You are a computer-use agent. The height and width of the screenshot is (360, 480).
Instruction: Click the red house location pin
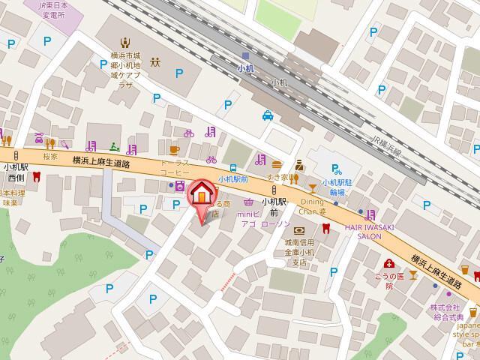pyautogui.click(x=200, y=195)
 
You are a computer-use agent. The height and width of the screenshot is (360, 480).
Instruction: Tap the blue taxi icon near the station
pyautogui.click(x=268, y=115)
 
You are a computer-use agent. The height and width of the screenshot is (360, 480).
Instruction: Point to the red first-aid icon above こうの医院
pyautogui.click(x=389, y=263)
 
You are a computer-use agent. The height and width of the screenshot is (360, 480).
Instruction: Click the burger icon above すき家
pyautogui.click(x=277, y=164)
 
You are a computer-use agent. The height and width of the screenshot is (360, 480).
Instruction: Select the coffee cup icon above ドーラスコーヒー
pyautogui.click(x=175, y=149)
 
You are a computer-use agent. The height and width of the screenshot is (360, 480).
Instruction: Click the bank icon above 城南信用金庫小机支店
pyautogui.click(x=300, y=230)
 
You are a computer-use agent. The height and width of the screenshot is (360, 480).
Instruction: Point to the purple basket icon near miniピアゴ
pyautogui.click(x=247, y=202)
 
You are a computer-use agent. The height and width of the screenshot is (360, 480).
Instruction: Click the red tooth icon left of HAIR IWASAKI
pyautogui.click(x=325, y=228)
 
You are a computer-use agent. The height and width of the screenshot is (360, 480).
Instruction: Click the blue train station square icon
pyautogui.click(x=245, y=55)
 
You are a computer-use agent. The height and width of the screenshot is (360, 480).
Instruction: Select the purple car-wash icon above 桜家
pyautogui.click(x=37, y=139)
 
